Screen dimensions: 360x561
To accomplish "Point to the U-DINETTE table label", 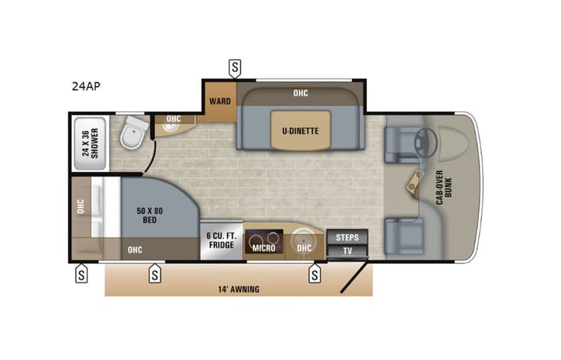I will click(300, 130).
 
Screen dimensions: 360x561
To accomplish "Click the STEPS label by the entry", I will click(347, 237).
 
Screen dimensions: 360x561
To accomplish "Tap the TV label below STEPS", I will click(347, 251).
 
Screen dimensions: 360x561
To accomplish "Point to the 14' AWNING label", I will click(238, 289).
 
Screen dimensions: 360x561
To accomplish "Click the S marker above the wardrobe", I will click(235, 68).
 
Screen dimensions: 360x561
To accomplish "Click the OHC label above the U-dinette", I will click(300, 94).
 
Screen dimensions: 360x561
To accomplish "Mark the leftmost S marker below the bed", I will click(80, 273).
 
